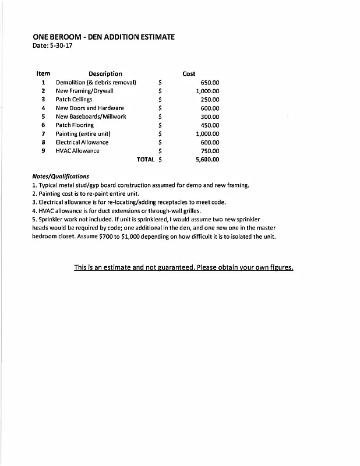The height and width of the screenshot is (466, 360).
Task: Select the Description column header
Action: pyautogui.click(x=105, y=74)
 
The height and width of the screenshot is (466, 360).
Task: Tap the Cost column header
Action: pyautogui.click(x=189, y=74)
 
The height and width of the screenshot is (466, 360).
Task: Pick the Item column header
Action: pyautogui.click(x=43, y=74)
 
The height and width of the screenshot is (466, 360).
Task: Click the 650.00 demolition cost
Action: pyautogui.click(x=210, y=83)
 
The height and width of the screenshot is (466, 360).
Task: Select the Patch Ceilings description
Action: pyautogui.click(x=74, y=100)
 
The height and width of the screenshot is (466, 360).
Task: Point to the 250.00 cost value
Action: pyautogui.click(x=210, y=100)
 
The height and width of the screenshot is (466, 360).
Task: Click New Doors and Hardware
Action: pyautogui.click(x=90, y=108)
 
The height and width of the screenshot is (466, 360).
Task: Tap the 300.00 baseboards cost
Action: pyautogui.click(x=210, y=116)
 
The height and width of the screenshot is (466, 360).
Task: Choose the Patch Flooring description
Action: pyautogui.click(x=75, y=125)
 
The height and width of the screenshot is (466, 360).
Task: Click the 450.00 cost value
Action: pyautogui.click(x=210, y=125)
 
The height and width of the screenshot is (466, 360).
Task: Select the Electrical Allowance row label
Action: pyautogui.click(x=82, y=142)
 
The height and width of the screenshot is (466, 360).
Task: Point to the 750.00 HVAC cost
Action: pyautogui.click(x=210, y=151)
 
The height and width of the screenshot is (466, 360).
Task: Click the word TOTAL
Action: pyautogui.click(x=146, y=159)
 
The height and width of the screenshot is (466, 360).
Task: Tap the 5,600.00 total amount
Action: pyautogui.click(x=207, y=159)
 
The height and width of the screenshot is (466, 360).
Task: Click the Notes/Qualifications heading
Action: pyautogui.click(x=61, y=176)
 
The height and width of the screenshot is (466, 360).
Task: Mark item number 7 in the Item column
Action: pyautogui.click(x=43, y=134)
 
